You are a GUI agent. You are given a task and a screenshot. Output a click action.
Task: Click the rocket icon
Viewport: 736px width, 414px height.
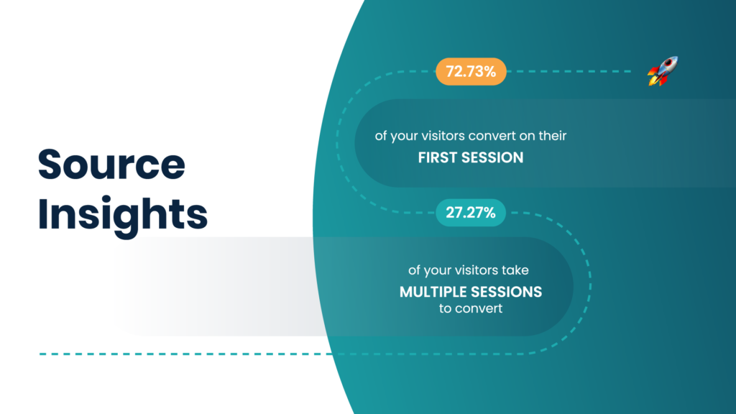pos(663,71)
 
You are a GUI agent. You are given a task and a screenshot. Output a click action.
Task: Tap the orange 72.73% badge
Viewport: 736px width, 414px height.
pos(471,71)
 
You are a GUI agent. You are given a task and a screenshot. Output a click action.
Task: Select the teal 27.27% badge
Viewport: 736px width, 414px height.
pos(471,212)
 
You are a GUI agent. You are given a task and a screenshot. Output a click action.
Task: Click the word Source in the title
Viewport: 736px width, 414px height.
pos(111,165)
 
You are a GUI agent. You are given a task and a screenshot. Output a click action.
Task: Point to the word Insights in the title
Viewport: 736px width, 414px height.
pos(122,213)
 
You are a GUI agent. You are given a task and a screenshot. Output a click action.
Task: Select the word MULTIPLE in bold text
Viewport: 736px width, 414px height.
pos(433,293)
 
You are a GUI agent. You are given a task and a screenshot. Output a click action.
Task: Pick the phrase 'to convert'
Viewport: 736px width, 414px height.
pos(470,310)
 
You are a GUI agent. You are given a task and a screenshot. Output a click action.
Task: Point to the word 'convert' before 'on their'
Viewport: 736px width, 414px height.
pos(502,136)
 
